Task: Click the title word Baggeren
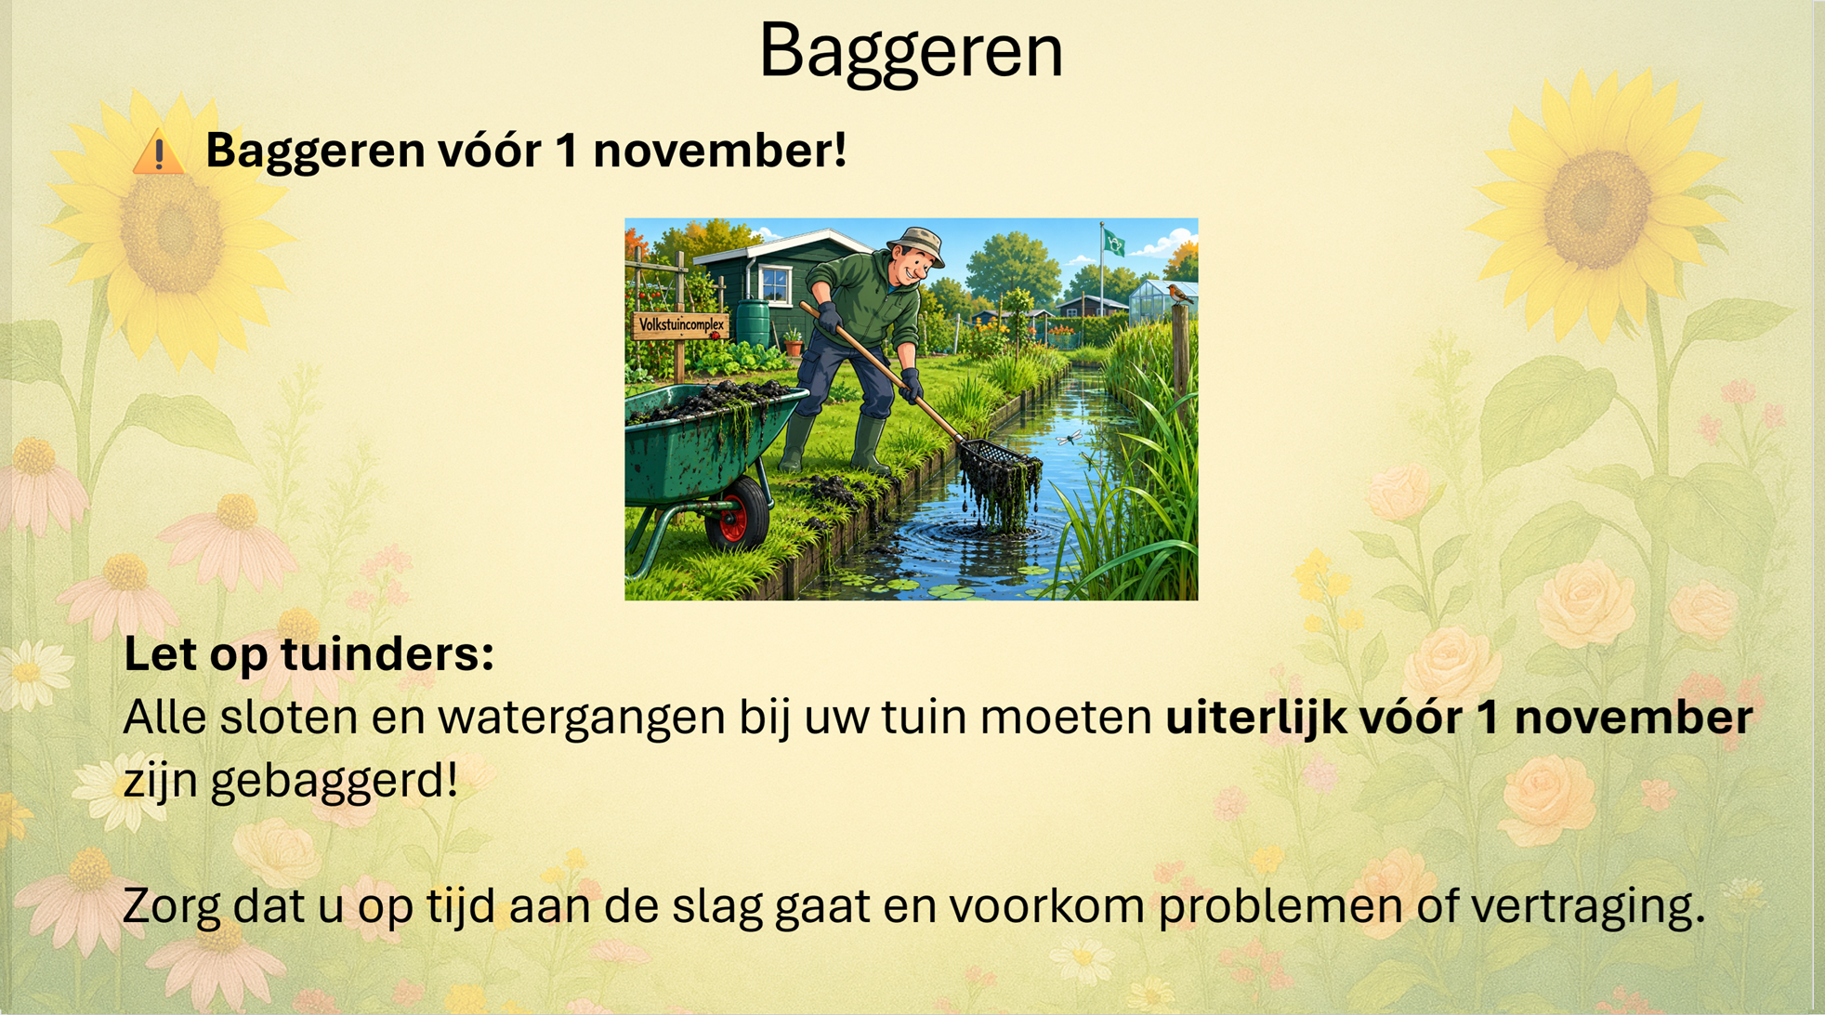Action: [x=911, y=52]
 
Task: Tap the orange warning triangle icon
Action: [x=159, y=151]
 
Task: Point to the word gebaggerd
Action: [x=335, y=781]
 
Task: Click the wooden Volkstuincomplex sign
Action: [x=681, y=325]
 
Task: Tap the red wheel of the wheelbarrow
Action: [x=737, y=513]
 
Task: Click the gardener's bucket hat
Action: [x=916, y=244]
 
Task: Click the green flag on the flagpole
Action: [x=1114, y=244]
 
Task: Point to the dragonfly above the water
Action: [x=1070, y=437]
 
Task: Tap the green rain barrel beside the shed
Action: [x=753, y=323]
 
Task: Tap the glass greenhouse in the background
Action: [x=1162, y=301]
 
